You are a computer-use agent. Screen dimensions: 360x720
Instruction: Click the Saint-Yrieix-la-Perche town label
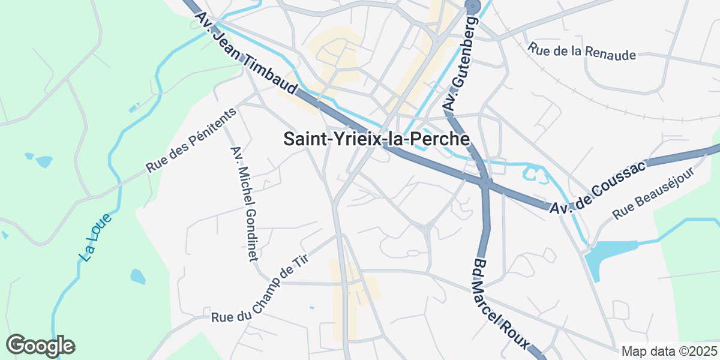(x=376, y=139)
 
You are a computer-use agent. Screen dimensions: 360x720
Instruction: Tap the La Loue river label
(x=95, y=238)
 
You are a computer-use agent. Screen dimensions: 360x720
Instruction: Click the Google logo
(x=40, y=346)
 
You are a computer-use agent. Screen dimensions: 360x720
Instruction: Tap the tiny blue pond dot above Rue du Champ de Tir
(x=311, y=308)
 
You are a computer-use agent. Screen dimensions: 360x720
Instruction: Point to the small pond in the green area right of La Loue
(x=138, y=277)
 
